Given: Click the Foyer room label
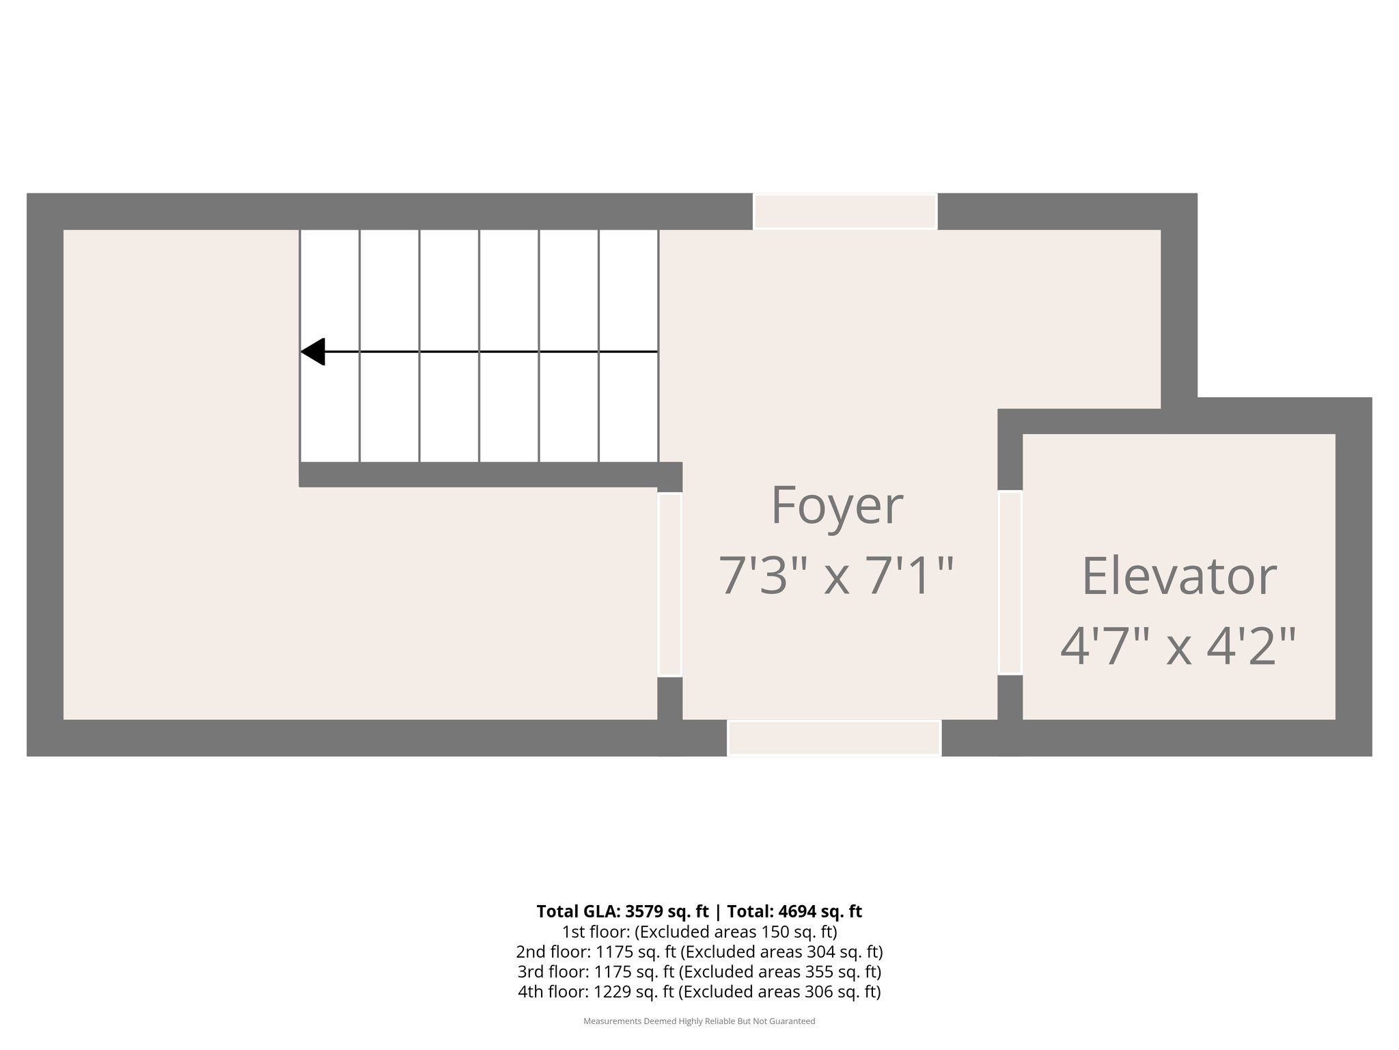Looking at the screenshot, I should pos(836,506).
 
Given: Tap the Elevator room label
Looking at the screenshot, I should pos(1178,576).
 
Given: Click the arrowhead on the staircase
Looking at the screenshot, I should pos(314,351).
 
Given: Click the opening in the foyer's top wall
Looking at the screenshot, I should pos(845,211).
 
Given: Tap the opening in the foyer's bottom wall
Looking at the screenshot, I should pos(834,738).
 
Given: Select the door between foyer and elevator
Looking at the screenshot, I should pos(1010,582).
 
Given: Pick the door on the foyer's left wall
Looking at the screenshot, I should pos(669,584).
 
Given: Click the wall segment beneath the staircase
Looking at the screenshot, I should pos(478,474).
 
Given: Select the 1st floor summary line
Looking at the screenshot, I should pos(699,932).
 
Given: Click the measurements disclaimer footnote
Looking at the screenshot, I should pos(699,1021).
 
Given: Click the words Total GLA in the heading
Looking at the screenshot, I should pos(577,911).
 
